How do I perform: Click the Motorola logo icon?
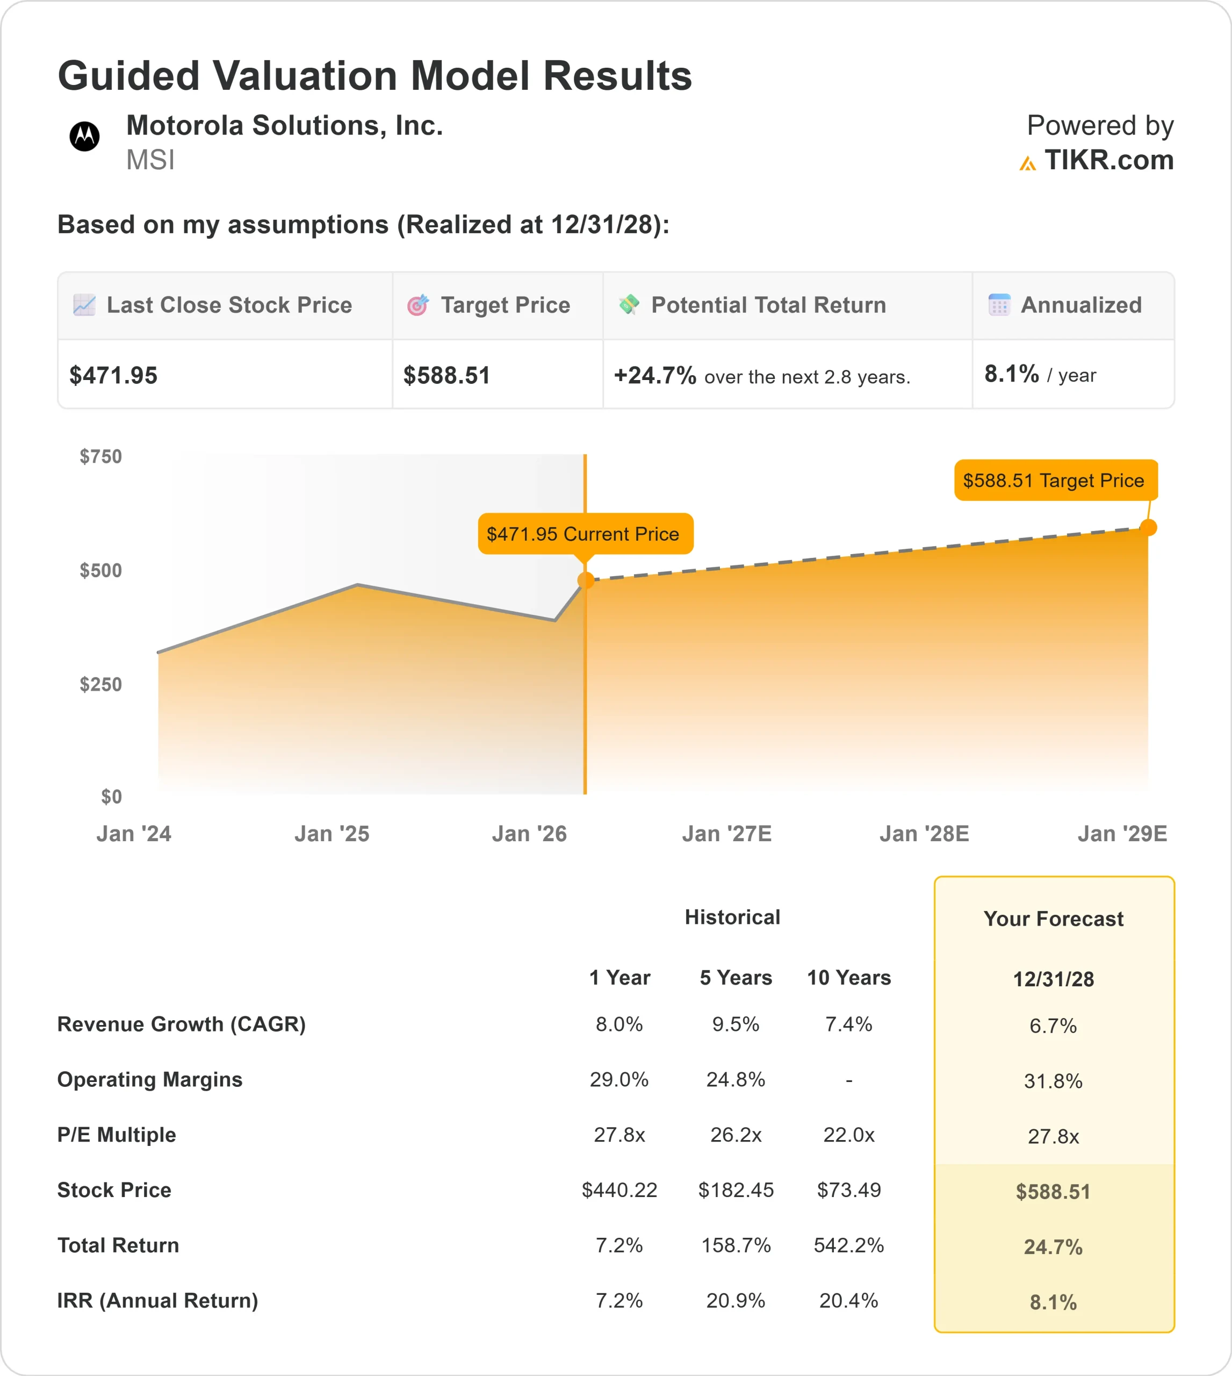[x=84, y=137]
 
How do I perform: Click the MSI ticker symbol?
[x=150, y=161]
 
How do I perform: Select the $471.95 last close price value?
[x=114, y=375]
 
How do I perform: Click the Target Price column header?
[x=505, y=305]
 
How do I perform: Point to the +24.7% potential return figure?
[x=654, y=375]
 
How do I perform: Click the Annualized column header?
[x=1080, y=305]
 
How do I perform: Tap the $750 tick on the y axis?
[x=101, y=456]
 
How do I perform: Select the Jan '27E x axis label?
[x=726, y=834]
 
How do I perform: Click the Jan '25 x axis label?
[x=332, y=834]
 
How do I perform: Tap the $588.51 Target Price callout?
[x=1055, y=480]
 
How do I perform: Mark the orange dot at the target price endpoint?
[x=1148, y=527]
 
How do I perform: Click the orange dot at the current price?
[x=586, y=580]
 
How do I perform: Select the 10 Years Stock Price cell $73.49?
[x=848, y=1190]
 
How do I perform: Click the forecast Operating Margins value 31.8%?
[x=1053, y=1081]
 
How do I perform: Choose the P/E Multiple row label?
[x=117, y=1134]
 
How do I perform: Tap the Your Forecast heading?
[x=1053, y=919]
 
